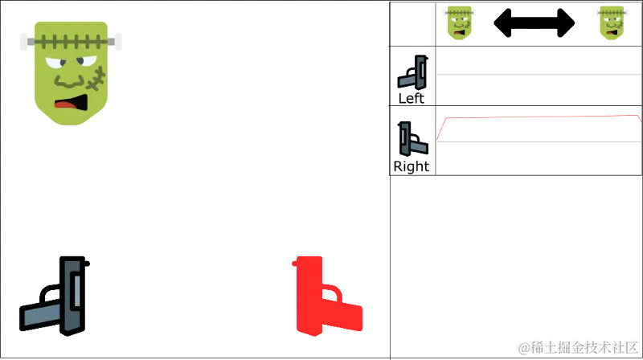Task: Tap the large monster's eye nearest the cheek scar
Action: tap(84, 62)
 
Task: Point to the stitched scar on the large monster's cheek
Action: tap(96, 80)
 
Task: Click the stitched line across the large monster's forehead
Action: tap(71, 39)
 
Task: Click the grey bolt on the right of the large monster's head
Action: tap(115, 41)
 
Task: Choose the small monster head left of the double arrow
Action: tap(459, 22)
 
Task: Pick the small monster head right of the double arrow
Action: tap(611, 22)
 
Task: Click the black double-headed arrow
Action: tap(534, 22)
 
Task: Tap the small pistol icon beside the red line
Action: tap(412, 140)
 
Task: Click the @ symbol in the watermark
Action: tap(523, 346)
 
